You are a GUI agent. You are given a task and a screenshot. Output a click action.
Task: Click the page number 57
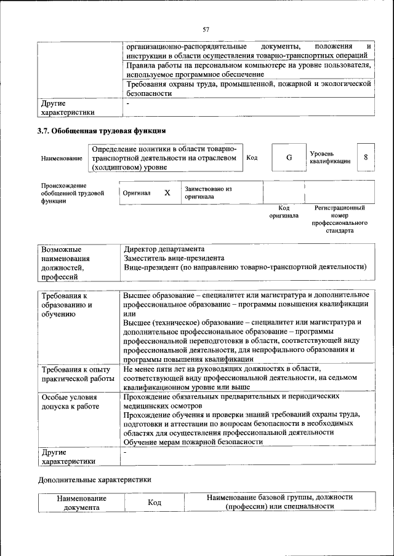(x=206, y=29)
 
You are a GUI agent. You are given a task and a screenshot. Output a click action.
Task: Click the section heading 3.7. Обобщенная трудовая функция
(x=102, y=130)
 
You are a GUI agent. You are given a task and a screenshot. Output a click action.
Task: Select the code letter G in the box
(x=289, y=158)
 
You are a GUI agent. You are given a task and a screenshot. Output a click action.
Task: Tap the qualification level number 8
(x=366, y=157)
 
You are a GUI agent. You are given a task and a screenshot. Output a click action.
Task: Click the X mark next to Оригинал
(x=167, y=192)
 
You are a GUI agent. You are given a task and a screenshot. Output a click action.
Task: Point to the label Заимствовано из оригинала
(x=208, y=193)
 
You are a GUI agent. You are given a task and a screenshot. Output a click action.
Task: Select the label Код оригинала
(x=284, y=212)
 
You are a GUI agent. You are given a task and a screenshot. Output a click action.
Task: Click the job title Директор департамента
(x=164, y=249)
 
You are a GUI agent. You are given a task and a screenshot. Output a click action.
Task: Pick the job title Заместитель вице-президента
(x=174, y=258)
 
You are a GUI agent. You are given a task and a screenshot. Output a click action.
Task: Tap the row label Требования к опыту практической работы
(x=77, y=374)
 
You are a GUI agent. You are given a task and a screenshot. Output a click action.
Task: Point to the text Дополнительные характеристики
(x=94, y=479)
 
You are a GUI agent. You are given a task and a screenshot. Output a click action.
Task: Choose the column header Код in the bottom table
(x=155, y=502)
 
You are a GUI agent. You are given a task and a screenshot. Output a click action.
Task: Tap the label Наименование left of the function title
(x=62, y=159)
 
